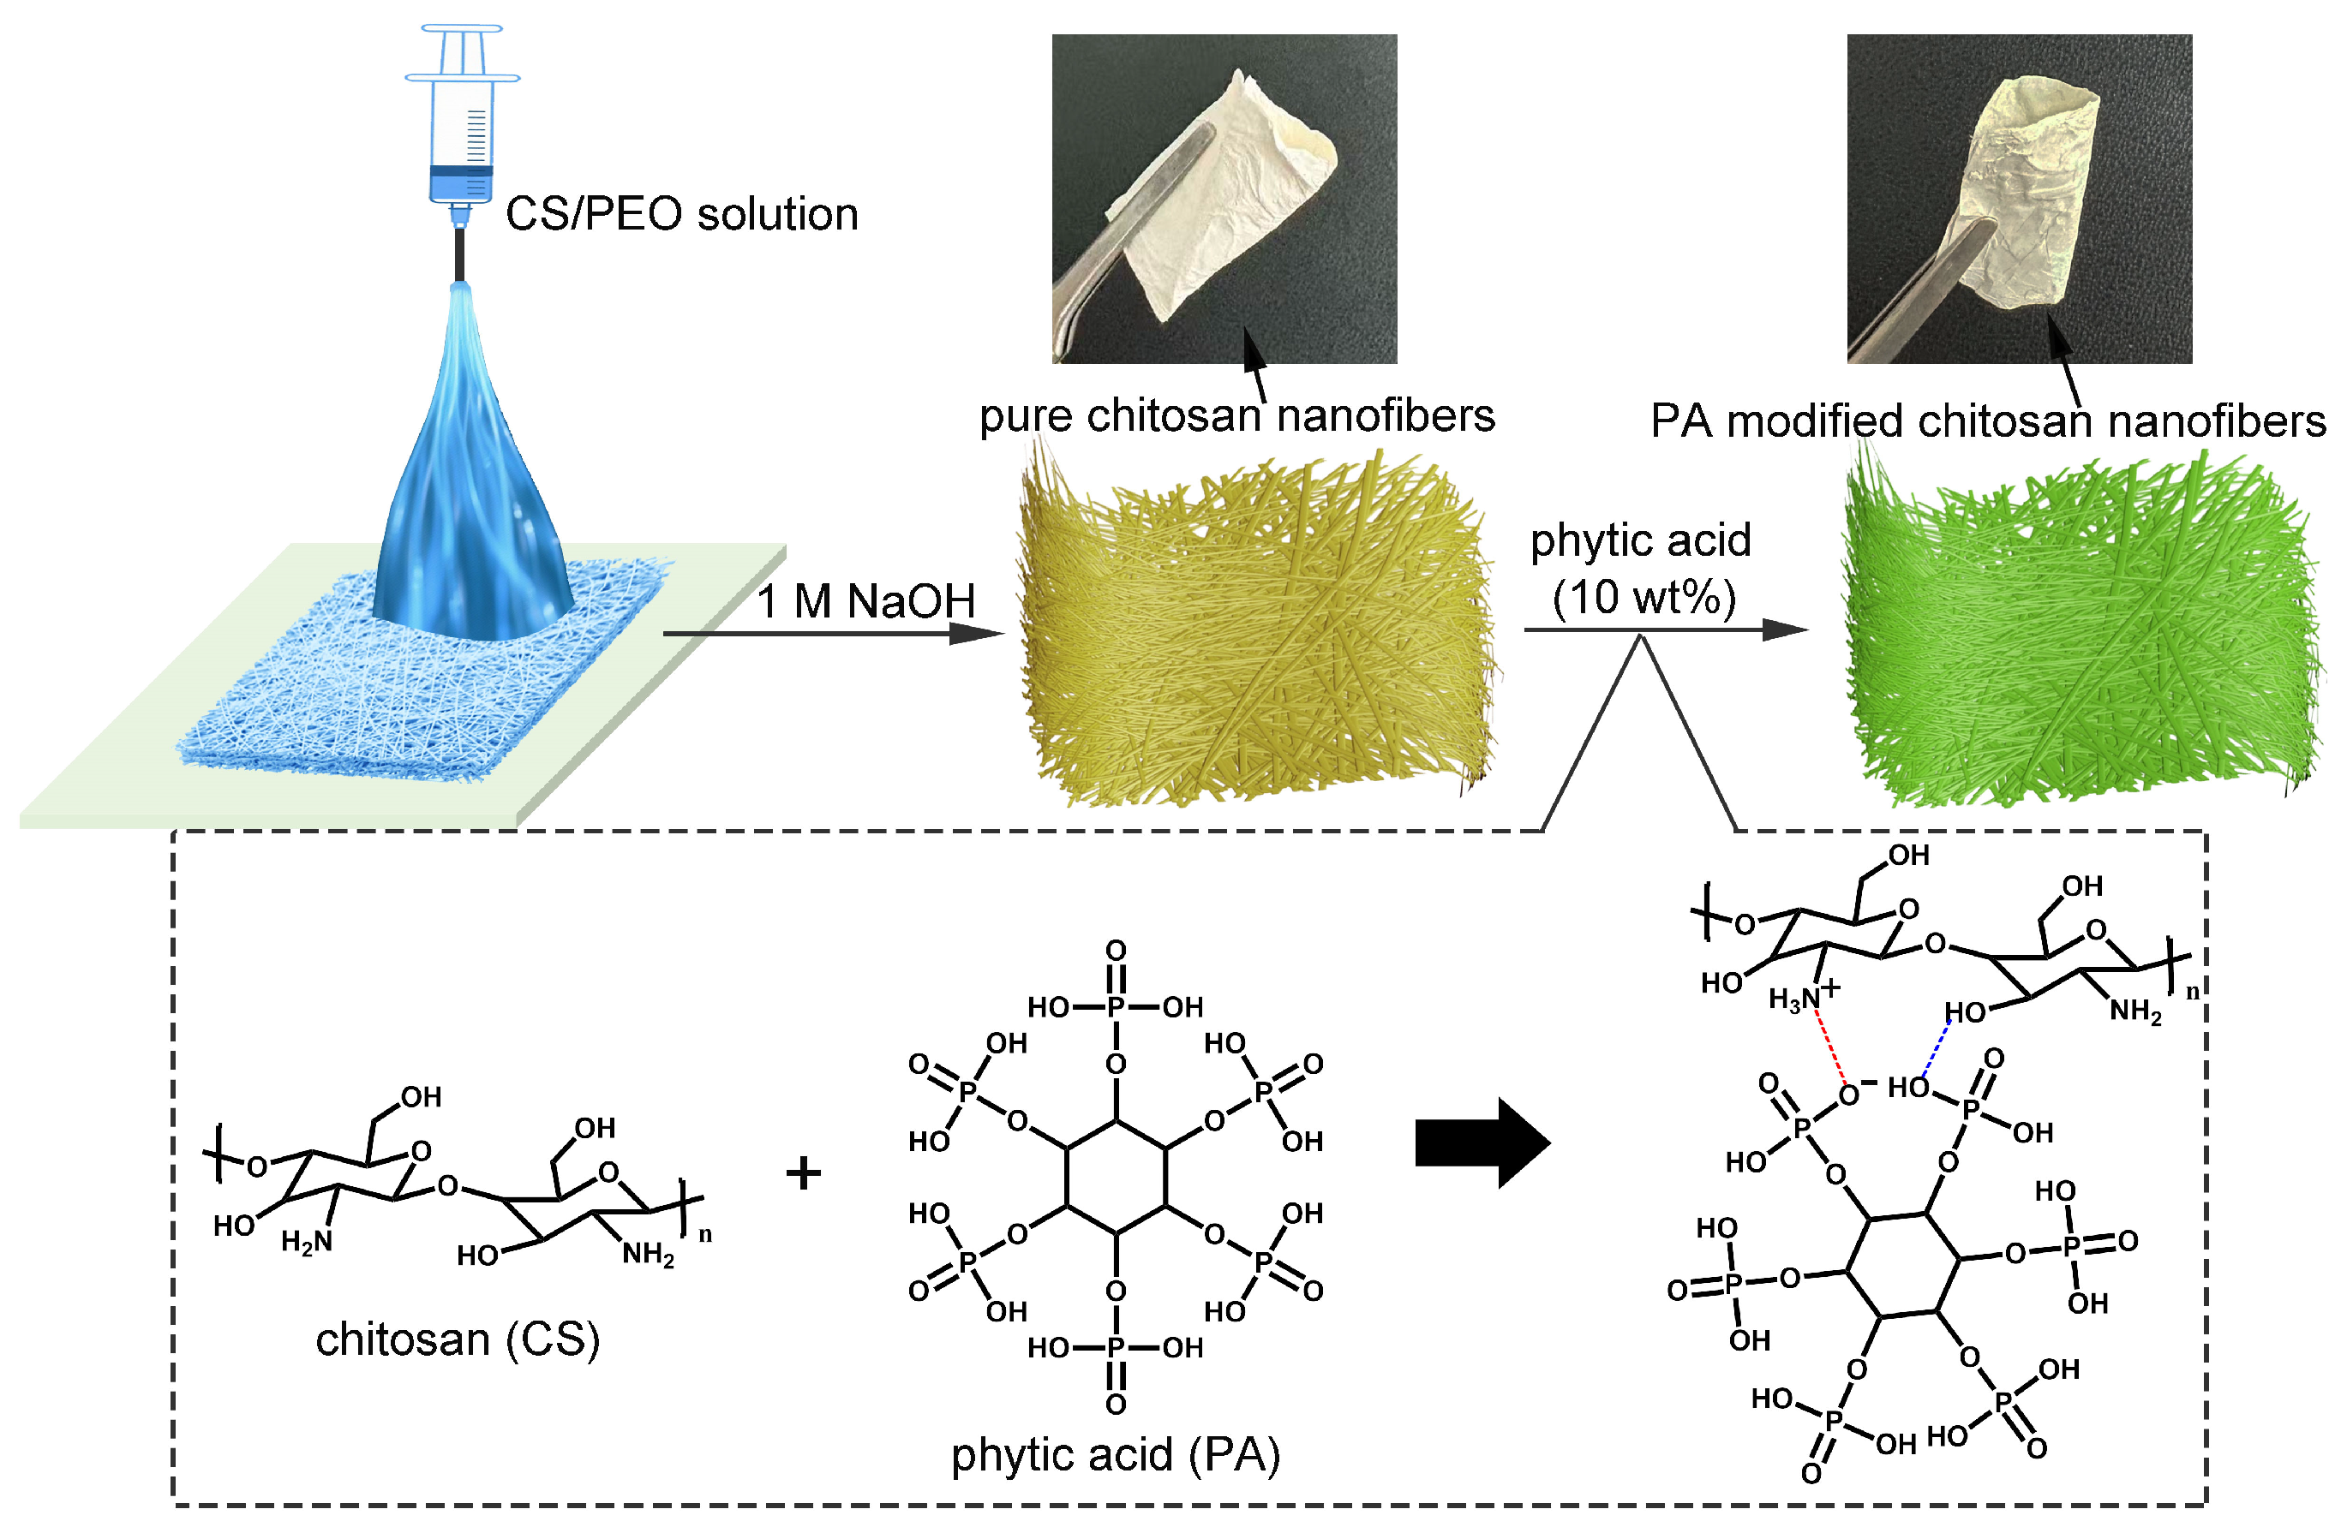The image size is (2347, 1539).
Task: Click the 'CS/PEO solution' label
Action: coord(681,215)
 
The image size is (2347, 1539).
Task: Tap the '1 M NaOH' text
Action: coord(865,601)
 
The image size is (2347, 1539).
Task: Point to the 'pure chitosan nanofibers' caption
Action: coord(1236,416)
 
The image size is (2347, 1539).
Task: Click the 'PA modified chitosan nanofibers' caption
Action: coord(1987,422)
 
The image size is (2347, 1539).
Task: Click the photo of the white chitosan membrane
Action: coord(1224,198)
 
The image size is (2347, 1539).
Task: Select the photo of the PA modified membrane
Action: coord(2019,198)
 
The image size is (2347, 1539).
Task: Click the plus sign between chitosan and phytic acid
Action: coord(803,1173)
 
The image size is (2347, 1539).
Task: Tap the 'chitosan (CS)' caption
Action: coord(458,1339)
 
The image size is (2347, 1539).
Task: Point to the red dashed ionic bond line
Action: coord(1829,1049)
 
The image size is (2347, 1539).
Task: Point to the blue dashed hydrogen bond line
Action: coord(1936,1049)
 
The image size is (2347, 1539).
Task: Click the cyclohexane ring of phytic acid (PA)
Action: coord(1116,1178)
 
